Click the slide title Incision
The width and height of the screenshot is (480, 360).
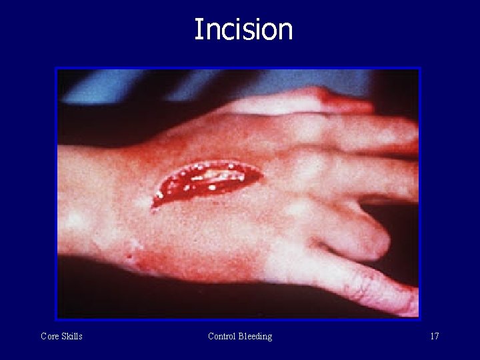coord(243,30)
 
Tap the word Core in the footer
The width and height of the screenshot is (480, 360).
coord(50,336)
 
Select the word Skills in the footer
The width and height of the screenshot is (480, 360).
coord(72,336)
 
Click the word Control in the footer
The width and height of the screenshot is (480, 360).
coord(223,336)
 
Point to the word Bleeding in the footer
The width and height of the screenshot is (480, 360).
coord(256,336)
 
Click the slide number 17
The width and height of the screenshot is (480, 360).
coord(434,336)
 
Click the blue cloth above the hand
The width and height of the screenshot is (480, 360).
coord(200,83)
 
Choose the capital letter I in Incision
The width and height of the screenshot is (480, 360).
coord(198,30)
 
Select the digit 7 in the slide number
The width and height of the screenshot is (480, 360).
coord(437,336)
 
